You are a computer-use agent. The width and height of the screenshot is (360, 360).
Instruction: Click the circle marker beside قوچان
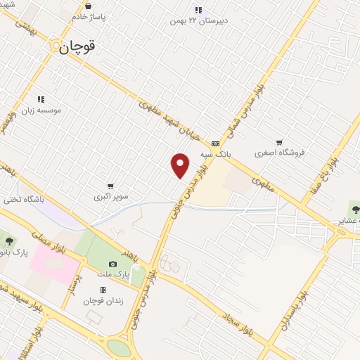[x=56, y=46]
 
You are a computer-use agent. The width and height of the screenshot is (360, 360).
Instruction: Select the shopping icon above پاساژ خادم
[x=87, y=6]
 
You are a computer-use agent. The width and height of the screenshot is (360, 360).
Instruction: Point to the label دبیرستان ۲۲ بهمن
[x=199, y=21]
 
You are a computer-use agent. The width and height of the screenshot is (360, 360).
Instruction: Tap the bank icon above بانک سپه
[x=214, y=143]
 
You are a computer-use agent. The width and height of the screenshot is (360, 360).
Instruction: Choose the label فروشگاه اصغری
[x=279, y=153]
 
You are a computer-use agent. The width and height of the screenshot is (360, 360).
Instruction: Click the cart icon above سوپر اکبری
[x=111, y=186]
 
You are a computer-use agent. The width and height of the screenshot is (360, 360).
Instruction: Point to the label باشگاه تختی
[x=41, y=199]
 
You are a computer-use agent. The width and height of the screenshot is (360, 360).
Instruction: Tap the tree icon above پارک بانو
[x=9, y=241]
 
